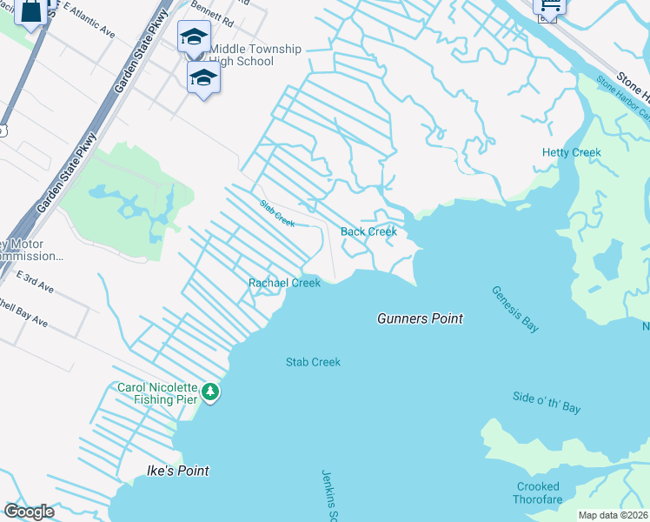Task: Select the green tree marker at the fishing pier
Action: (209, 393)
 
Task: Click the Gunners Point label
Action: (420, 318)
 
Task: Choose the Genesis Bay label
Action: (514, 309)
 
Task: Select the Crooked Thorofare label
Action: (539, 493)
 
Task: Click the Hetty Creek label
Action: (572, 152)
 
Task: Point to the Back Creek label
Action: (368, 231)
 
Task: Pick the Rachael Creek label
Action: (284, 283)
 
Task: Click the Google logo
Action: (30, 512)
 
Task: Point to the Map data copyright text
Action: (613, 515)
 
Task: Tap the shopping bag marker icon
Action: (30, 11)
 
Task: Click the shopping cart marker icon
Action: (549, 7)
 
